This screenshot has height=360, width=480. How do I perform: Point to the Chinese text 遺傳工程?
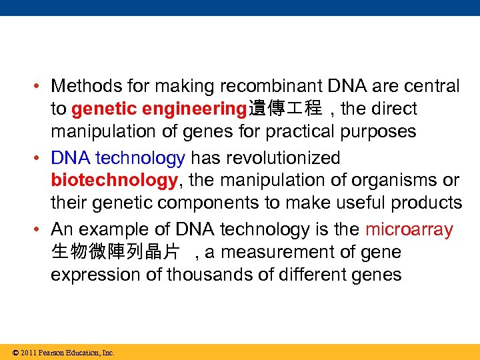[x=284, y=109]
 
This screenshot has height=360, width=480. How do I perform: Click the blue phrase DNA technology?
[x=118, y=158]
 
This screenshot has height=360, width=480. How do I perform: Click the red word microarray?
[x=409, y=230]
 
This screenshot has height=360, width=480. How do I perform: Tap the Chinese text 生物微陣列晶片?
[x=115, y=253]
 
